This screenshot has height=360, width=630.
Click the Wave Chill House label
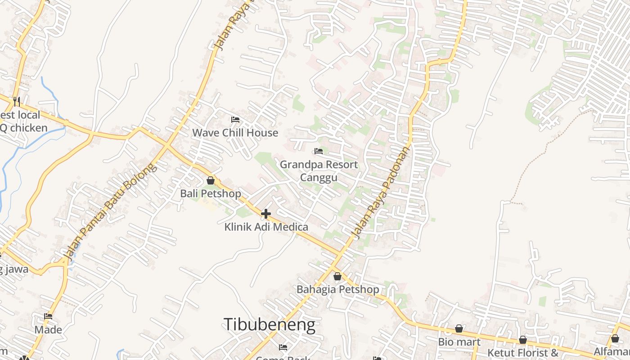[x=235, y=133]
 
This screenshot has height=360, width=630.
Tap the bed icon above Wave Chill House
[x=235, y=120]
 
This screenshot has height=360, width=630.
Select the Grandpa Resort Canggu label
[x=319, y=171]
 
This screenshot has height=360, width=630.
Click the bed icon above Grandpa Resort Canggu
[x=319, y=151]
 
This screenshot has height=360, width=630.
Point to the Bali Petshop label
[x=211, y=193]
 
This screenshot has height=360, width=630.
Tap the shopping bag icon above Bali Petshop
[x=211, y=180]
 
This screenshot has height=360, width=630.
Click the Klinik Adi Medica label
[x=266, y=227]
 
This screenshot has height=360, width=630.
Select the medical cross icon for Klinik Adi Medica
[x=266, y=214]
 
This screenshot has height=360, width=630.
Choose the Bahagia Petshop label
[x=337, y=289]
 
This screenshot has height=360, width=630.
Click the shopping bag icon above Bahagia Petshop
[x=337, y=276]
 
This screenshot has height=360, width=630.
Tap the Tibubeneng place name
[x=269, y=324]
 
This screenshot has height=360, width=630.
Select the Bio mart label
[x=459, y=342]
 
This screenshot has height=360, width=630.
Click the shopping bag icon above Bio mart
[x=459, y=329]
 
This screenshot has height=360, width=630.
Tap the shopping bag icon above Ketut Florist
[x=523, y=340]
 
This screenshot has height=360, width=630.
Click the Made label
[x=48, y=330]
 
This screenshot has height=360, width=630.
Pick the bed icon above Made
[x=48, y=316]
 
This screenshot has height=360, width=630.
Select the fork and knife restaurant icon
[x=17, y=101]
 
